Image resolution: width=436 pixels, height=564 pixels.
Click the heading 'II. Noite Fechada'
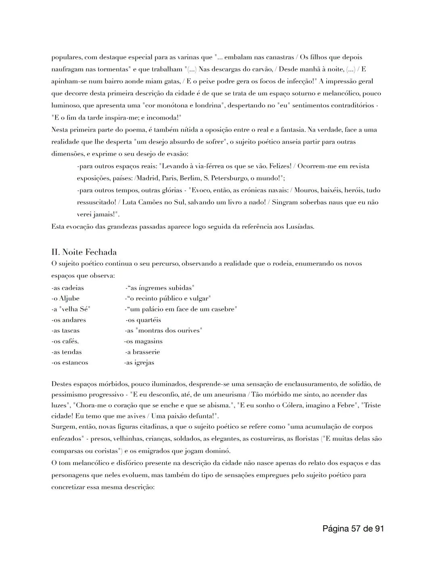[84, 252]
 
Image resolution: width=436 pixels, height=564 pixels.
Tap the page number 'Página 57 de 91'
[353, 528]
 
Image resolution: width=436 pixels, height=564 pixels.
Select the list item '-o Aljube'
[65, 299]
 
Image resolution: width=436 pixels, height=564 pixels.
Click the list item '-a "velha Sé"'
[71, 309]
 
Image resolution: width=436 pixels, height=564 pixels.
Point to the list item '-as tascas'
[65, 331]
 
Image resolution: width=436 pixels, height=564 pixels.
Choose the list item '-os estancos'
[69, 363]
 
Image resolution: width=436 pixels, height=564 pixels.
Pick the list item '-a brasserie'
[143, 352]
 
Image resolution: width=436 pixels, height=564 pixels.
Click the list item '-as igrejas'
[139, 363]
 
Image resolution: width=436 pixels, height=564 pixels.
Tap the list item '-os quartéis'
[143, 320]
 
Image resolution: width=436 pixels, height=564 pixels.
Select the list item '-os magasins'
[143, 341]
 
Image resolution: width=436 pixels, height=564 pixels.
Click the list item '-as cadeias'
[68, 288]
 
